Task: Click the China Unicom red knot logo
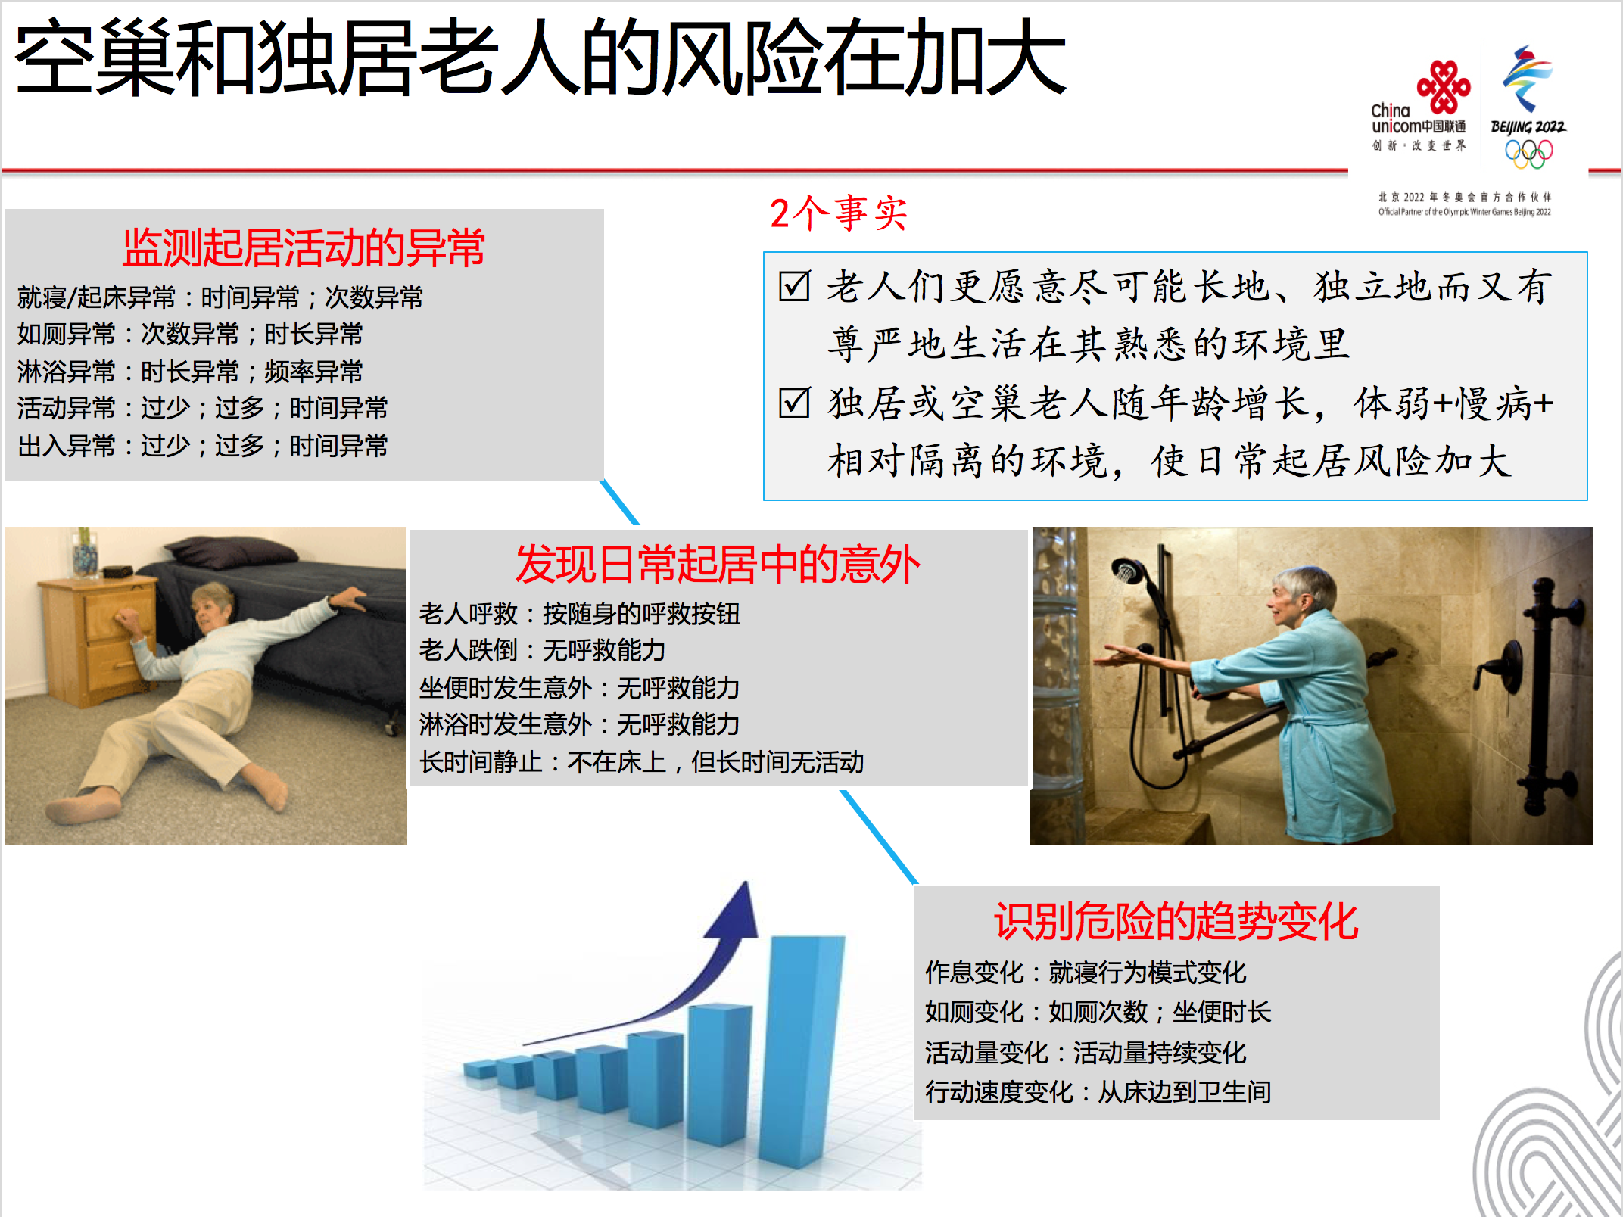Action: [1444, 86]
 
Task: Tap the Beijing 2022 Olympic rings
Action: [1528, 154]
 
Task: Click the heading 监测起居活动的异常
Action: [304, 247]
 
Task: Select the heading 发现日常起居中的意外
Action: [718, 564]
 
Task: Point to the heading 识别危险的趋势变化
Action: [1176, 922]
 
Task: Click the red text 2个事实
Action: [839, 213]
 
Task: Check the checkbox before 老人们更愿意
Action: [794, 286]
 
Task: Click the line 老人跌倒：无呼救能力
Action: [543, 650]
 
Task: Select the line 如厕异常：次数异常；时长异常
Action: [190, 334]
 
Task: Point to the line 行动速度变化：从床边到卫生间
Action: [1098, 1091]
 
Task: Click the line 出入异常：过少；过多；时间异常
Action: [202, 446]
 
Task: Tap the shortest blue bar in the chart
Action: [479, 1069]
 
